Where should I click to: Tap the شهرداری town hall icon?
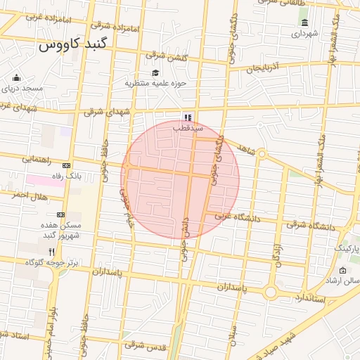[304, 22]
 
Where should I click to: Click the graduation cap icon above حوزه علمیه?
[155, 72]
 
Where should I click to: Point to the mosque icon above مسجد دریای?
[16, 77]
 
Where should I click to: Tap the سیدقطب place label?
[188, 129]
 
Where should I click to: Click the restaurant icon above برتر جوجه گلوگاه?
[61, 251]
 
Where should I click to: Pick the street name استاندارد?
[309, 299]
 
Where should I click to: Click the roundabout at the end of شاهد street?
[262, 153]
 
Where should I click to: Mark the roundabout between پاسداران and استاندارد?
[271, 292]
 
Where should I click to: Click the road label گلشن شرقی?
[167, 56]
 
